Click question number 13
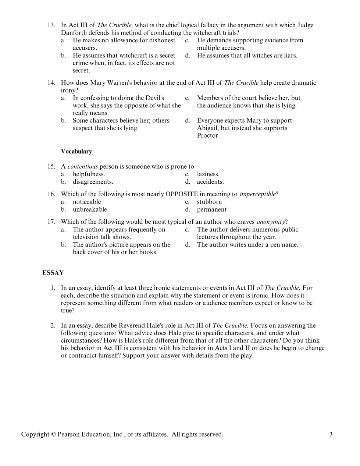tap(51, 25)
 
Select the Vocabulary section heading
tap(76, 151)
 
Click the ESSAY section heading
tap(53, 273)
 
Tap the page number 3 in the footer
tap(331, 434)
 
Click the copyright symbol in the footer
tap(52, 434)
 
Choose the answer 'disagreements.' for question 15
tap(93, 182)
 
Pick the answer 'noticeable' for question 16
tap(87, 202)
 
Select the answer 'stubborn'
tap(209, 202)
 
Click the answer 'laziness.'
tap(208, 174)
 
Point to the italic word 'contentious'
tap(83, 166)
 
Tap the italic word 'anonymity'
tap(271, 222)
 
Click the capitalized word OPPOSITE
tap(182, 194)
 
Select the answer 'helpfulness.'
tap(89, 174)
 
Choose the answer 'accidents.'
tap(210, 182)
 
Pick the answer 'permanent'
tap(211, 209)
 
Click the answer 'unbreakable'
tap(90, 209)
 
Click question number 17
tap(51, 222)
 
